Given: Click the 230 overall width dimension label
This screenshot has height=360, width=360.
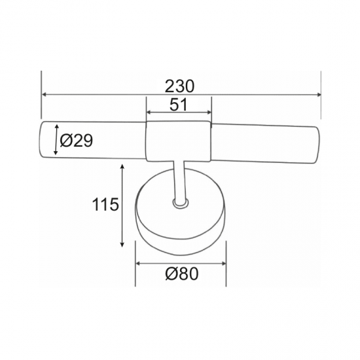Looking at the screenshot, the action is coord(179,86).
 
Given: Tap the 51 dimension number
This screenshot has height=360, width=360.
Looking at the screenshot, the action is coord(179,105).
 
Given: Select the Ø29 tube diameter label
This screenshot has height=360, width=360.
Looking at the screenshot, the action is coord(76,141).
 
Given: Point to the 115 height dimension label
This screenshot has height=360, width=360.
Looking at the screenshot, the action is coord(105,204).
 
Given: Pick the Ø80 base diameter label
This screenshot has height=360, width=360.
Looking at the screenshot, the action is coord(181,274).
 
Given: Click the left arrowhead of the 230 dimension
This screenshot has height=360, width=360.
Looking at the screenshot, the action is coord(44,94).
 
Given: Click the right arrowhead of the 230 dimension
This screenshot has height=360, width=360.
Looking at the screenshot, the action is coord(318,95).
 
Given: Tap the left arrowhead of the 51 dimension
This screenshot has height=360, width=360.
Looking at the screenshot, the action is coord(149,113).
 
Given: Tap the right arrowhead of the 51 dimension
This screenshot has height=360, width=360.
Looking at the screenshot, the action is coord(209,113).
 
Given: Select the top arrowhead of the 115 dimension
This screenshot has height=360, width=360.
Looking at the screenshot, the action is coord(122,167).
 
